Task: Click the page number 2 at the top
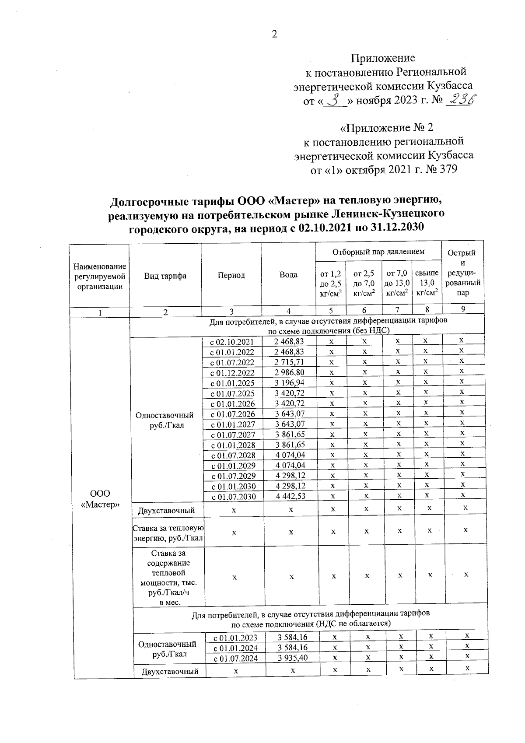tap(274, 35)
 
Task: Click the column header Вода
tap(288, 275)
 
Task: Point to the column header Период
tap(231, 275)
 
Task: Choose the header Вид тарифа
tap(165, 276)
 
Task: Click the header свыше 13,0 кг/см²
tap(427, 283)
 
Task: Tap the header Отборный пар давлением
tap(378, 252)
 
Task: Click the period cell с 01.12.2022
tap(232, 373)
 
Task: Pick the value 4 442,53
tap(290, 496)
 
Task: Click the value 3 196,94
tap(289, 383)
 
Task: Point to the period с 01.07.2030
tap(234, 497)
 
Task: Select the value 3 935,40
tap(292, 658)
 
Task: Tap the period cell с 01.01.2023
tap(235, 638)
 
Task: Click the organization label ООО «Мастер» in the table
tap(101, 499)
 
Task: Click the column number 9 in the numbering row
tap(463, 309)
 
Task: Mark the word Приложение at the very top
tap(383, 58)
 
